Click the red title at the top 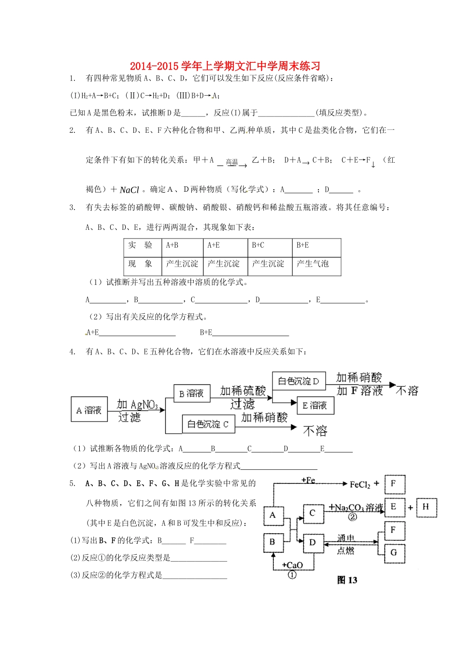(225, 66)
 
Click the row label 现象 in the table (140, 264)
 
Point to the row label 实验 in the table (140, 245)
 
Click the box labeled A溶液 (89, 410)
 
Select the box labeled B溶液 (192, 393)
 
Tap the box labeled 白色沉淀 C (208, 424)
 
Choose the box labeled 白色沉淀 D (299, 381)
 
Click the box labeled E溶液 (315, 405)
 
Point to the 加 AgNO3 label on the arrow (137, 405)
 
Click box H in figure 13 (426, 507)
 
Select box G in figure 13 (394, 552)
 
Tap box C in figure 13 (313, 513)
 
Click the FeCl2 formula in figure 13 (360, 484)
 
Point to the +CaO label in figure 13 (292, 565)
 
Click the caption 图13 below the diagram (347, 580)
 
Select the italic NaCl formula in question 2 (129, 190)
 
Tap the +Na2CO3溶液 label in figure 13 (356, 508)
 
